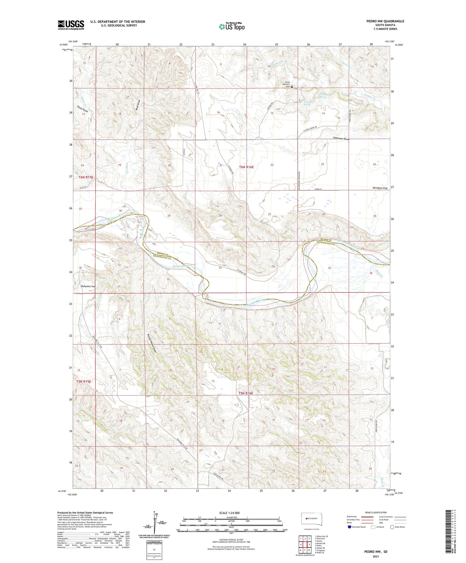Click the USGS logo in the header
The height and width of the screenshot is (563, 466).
[x=71, y=25]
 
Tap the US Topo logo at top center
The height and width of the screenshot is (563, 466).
[x=232, y=26]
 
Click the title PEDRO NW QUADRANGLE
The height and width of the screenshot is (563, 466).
[x=385, y=21]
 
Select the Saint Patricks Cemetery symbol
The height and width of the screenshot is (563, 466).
[x=292, y=87]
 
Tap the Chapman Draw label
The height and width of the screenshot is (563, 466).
[x=341, y=138]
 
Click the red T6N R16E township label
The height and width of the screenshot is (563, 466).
[x=246, y=167]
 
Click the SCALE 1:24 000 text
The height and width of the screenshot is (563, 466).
[x=229, y=513]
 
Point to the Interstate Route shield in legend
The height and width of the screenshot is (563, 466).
[x=349, y=527]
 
